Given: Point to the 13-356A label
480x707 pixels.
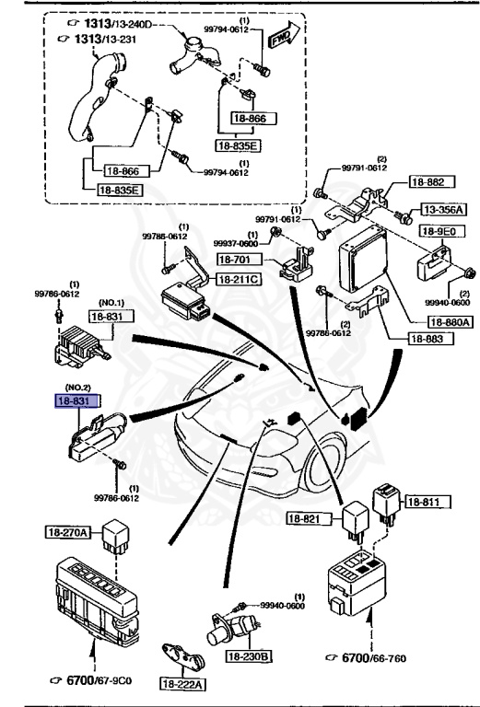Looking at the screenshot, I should [444, 210].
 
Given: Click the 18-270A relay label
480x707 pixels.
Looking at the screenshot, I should [69, 532].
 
